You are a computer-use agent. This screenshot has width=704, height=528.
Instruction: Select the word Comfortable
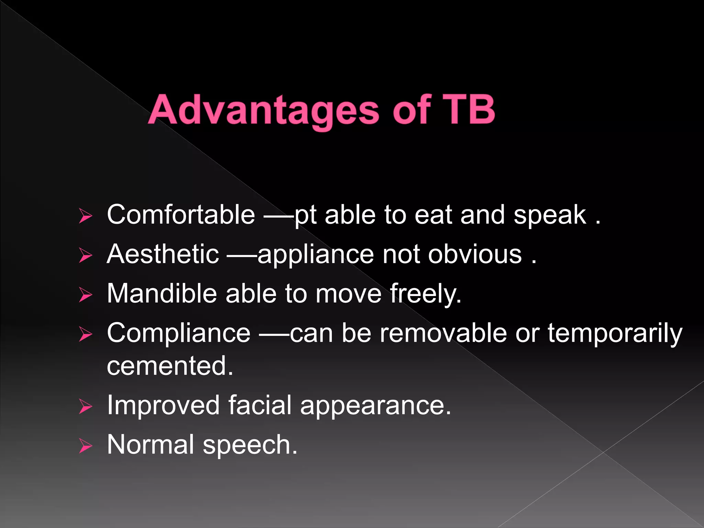point(181,215)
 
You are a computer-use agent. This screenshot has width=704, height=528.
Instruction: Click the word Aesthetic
point(163,254)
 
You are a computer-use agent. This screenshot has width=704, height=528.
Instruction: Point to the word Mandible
point(162,294)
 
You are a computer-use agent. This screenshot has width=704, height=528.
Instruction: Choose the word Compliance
point(178,333)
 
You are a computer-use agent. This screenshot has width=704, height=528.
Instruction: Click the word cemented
point(170,366)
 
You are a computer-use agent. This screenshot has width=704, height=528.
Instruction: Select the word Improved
point(163,405)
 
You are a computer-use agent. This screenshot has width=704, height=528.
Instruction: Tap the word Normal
point(151,445)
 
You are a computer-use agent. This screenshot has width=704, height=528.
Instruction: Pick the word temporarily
point(615,333)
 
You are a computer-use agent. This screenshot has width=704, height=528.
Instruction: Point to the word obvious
point(475,254)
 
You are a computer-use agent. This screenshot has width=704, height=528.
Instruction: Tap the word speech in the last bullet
point(250,445)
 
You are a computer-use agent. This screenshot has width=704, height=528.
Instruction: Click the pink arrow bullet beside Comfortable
point(85,216)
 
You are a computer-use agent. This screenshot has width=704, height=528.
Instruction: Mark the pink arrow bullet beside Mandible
point(85,295)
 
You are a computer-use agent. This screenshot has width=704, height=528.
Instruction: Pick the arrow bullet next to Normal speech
point(85,446)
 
